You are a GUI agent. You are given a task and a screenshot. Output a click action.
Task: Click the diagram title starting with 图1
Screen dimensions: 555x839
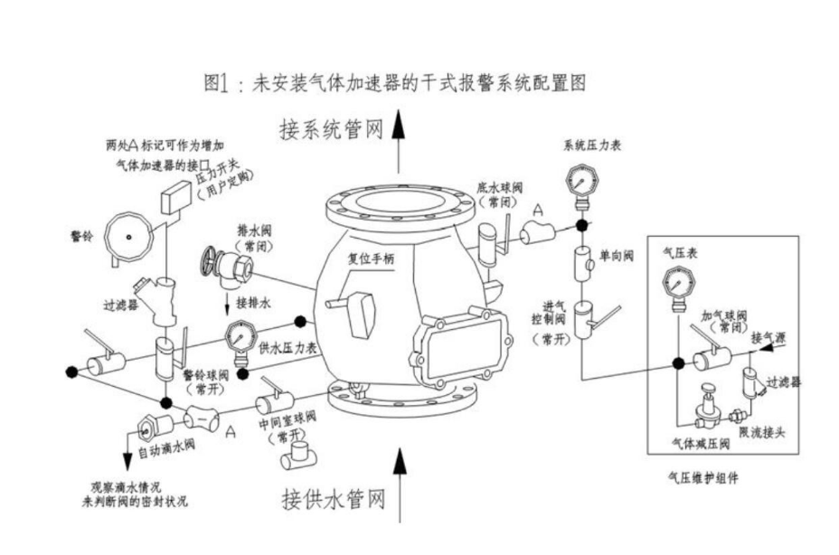point(395,83)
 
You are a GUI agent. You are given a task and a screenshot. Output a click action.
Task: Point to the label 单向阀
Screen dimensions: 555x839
point(616,257)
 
